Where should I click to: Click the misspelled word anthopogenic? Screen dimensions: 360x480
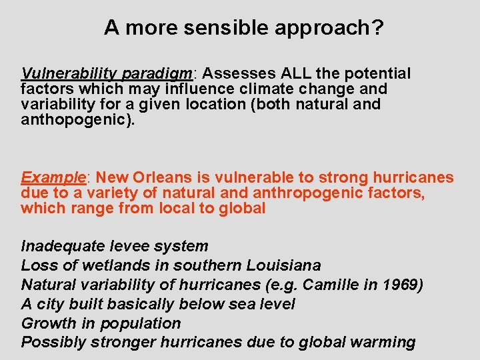[74, 120]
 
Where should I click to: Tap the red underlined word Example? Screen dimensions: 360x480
[54, 178]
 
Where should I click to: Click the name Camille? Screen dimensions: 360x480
[327, 285]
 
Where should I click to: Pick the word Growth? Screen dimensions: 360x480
[49, 323]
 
